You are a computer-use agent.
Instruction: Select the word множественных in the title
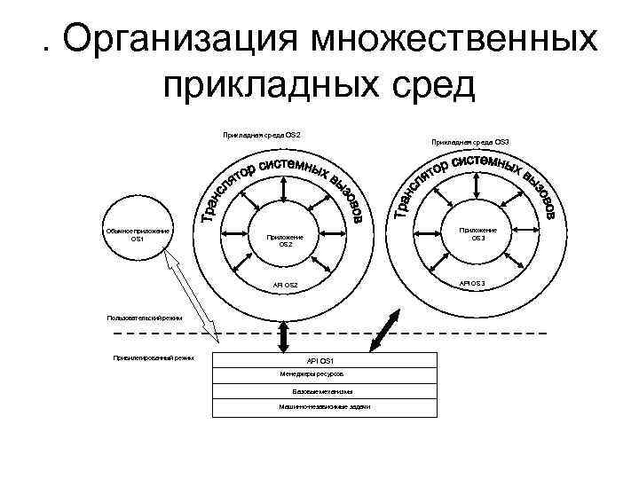coord(452,39)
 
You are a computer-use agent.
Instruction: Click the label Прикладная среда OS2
coord(262,135)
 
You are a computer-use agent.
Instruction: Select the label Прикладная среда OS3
coord(469,142)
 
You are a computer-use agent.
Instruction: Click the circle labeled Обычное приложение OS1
coord(137,234)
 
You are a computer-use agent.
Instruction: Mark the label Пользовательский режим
coord(144,317)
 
